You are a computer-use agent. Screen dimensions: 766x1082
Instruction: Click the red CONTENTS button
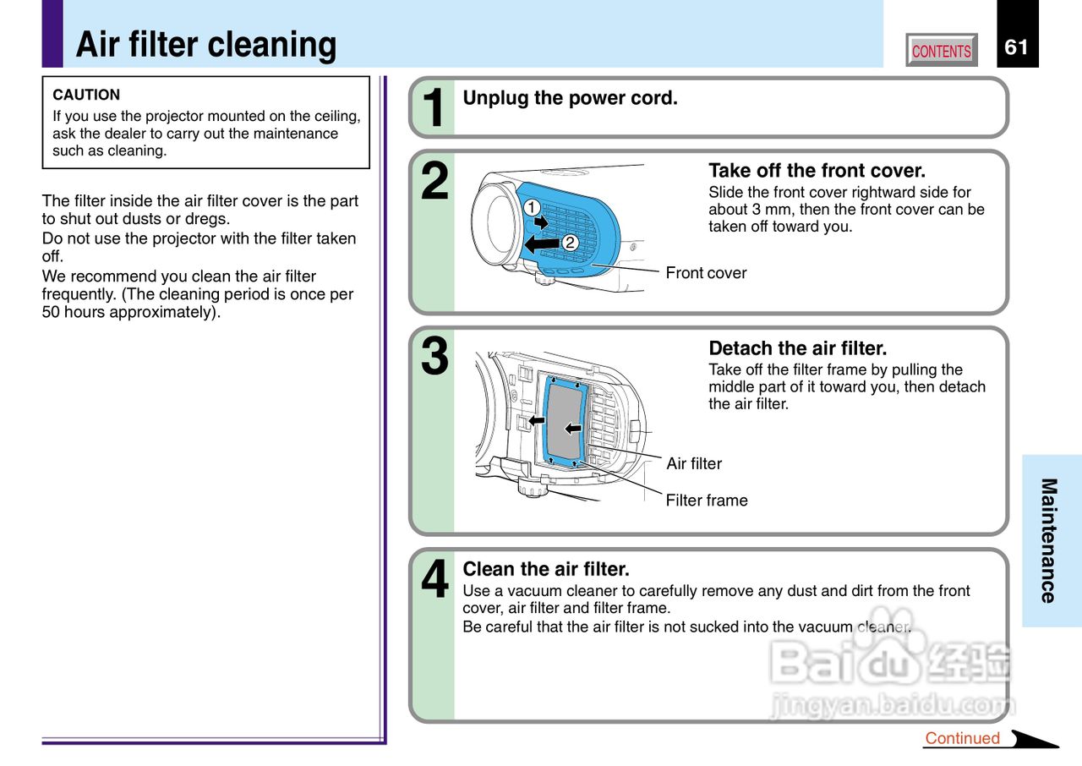pyautogui.click(x=941, y=51)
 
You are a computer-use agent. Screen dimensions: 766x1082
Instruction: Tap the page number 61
pyautogui.click(x=1016, y=47)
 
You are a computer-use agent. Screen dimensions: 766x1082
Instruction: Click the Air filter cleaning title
pyautogui.click(x=206, y=45)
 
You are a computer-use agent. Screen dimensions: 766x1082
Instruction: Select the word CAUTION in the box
pyautogui.click(x=86, y=95)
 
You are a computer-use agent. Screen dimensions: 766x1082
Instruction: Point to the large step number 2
pyautogui.click(x=434, y=183)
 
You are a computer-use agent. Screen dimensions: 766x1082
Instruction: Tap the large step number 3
pyautogui.click(x=434, y=357)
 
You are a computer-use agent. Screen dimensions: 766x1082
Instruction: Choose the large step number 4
pyautogui.click(x=434, y=581)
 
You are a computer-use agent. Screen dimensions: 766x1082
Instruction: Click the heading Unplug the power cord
pyautogui.click(x=570, y=98)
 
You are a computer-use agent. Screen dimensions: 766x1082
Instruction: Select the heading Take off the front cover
pyautogui.click(x=817, y=171)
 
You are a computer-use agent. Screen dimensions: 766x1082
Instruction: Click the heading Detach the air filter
pyautogui.click(x=797, y=348)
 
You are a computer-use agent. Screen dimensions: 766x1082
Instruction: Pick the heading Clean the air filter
pyautogui.click(x=546, y=569)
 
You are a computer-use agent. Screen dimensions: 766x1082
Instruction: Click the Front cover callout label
pyautogui.click(x=706, y=273)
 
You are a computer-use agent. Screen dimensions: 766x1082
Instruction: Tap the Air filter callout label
pyautogui.click(x=694, y=463)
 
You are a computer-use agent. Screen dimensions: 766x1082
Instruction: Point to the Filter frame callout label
pyautogui.click(x=707, y=501)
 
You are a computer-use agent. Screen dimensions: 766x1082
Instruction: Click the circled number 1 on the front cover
pyautogui.click(x=531, y=207)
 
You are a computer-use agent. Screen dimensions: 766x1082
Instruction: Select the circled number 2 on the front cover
pyautogui.click(x=570, y=243)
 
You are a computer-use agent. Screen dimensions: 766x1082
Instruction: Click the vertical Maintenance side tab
pyautogui.click(x=1049, y=540)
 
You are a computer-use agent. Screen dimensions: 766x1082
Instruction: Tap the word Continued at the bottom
pyautogui.click(x=962, y=738)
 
